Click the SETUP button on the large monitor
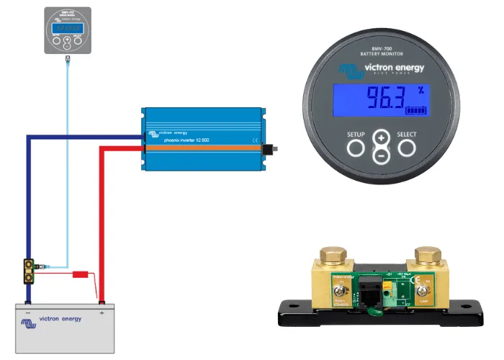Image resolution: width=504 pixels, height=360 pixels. point(356,148)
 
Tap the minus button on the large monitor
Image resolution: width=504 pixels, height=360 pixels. point(382,156)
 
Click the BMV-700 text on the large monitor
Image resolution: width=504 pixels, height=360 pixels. point(382,48)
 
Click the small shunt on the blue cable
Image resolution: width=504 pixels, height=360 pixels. point(30,271)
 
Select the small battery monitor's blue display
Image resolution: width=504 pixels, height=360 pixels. point(68,26)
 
